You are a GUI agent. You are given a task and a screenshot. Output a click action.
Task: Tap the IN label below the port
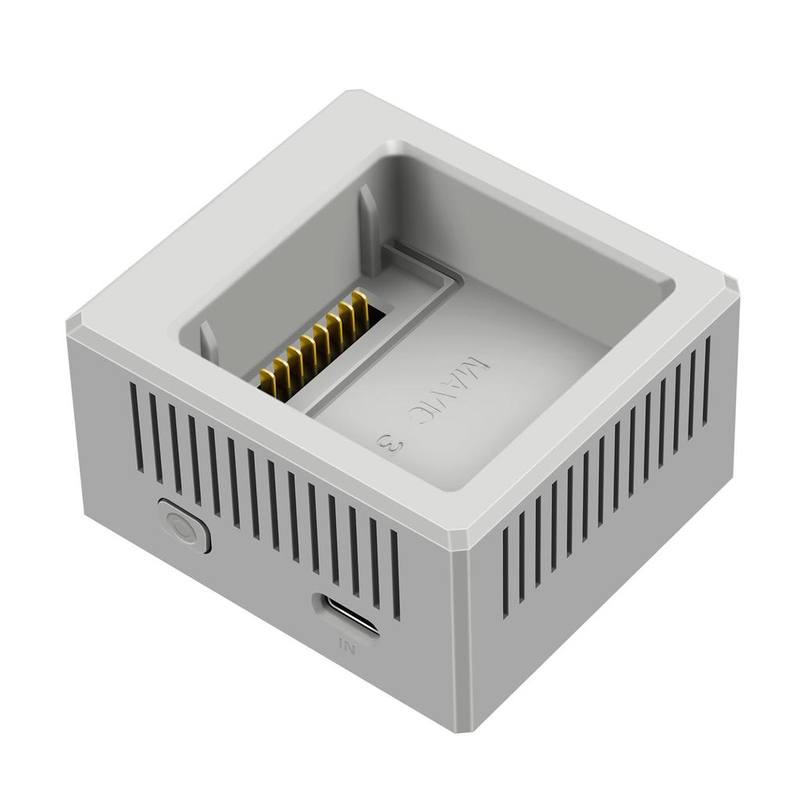[x=347, y=646]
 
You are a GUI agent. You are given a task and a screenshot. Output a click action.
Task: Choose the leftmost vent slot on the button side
[x=137, y=427]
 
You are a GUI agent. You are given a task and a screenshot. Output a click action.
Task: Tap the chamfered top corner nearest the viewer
[x=461, y=538]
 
